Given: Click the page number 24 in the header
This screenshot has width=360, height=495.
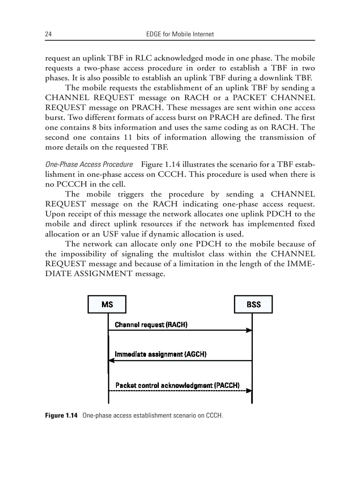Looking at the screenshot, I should [48, 34].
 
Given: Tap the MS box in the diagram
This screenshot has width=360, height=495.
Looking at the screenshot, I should [107, 305].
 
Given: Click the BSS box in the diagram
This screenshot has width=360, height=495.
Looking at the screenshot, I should [253, 305].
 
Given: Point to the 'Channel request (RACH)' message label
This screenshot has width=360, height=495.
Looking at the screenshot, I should [151, 325].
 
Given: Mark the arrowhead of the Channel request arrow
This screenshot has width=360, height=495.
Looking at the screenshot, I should [249, 330].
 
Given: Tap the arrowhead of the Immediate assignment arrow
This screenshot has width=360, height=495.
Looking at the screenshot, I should [112, 361].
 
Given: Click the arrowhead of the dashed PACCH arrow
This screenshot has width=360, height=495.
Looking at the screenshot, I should [249, 391].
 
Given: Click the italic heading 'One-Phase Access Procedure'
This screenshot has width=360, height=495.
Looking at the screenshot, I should [89, 164].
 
